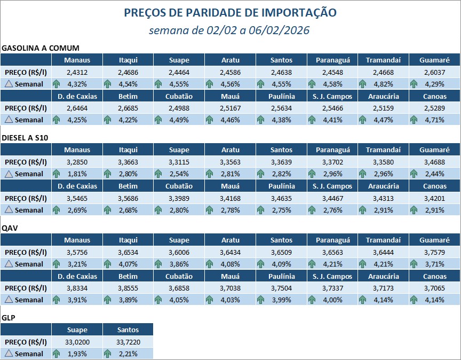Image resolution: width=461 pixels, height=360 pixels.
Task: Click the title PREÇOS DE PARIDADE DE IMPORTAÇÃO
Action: click(230, 12)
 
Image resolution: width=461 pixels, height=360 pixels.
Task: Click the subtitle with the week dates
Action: click(230, 30)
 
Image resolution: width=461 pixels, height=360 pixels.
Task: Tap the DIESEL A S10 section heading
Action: click(25, 138)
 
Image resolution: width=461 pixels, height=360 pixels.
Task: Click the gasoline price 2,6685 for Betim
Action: click(128, 108)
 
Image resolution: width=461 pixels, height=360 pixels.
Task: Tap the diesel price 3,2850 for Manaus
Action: click(77, 162)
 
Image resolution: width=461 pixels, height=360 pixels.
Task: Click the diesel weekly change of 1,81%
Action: click(77, 174)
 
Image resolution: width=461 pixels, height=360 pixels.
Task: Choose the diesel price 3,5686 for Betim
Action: click(128, 198)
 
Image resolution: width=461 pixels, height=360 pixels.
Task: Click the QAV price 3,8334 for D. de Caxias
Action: click(77, 288)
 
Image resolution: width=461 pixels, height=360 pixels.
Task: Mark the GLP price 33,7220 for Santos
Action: click(128, 342)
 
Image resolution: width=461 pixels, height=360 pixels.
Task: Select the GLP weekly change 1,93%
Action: click(77, 354)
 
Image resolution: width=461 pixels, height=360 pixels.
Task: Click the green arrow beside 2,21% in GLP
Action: click(107, 354)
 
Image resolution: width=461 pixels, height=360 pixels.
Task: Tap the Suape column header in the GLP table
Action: click(77, 330)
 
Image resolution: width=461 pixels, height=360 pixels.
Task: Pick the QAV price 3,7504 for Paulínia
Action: click(281, 288)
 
